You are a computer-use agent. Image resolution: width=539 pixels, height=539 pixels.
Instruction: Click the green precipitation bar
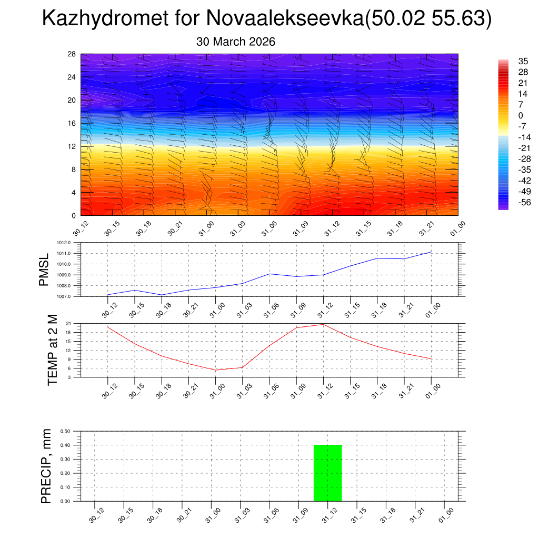pyautogui.click(x=327, y=473)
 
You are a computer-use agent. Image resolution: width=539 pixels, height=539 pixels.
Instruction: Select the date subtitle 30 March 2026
pyautogui.click(x=236, y=42)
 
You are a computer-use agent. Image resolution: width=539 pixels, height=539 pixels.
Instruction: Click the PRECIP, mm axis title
pyautogui.click(x=46, y=465)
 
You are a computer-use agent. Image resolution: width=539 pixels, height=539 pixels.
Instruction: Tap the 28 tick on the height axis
pyautogui.click(x=72, y=54)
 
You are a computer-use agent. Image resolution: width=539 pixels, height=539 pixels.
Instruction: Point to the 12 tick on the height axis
pyautogui.click(x=72, y=146)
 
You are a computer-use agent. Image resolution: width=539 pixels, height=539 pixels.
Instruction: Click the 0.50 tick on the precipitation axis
pyautogui.click(x=65, y=431)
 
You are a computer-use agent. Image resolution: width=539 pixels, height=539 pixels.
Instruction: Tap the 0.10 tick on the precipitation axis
pyautogui.click(x=65, y=487)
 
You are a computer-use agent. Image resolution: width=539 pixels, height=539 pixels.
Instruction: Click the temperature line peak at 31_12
pyautogui.click(x=323, y=324)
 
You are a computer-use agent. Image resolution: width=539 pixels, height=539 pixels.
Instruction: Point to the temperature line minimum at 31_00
pyautogui.click(x=215, y=370)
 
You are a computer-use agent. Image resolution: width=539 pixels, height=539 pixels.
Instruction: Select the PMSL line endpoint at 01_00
pyautogui.click(x=431, y=252)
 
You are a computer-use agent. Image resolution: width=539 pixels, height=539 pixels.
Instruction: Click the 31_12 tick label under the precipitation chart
pyautogui.click(x=330, y=518)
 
